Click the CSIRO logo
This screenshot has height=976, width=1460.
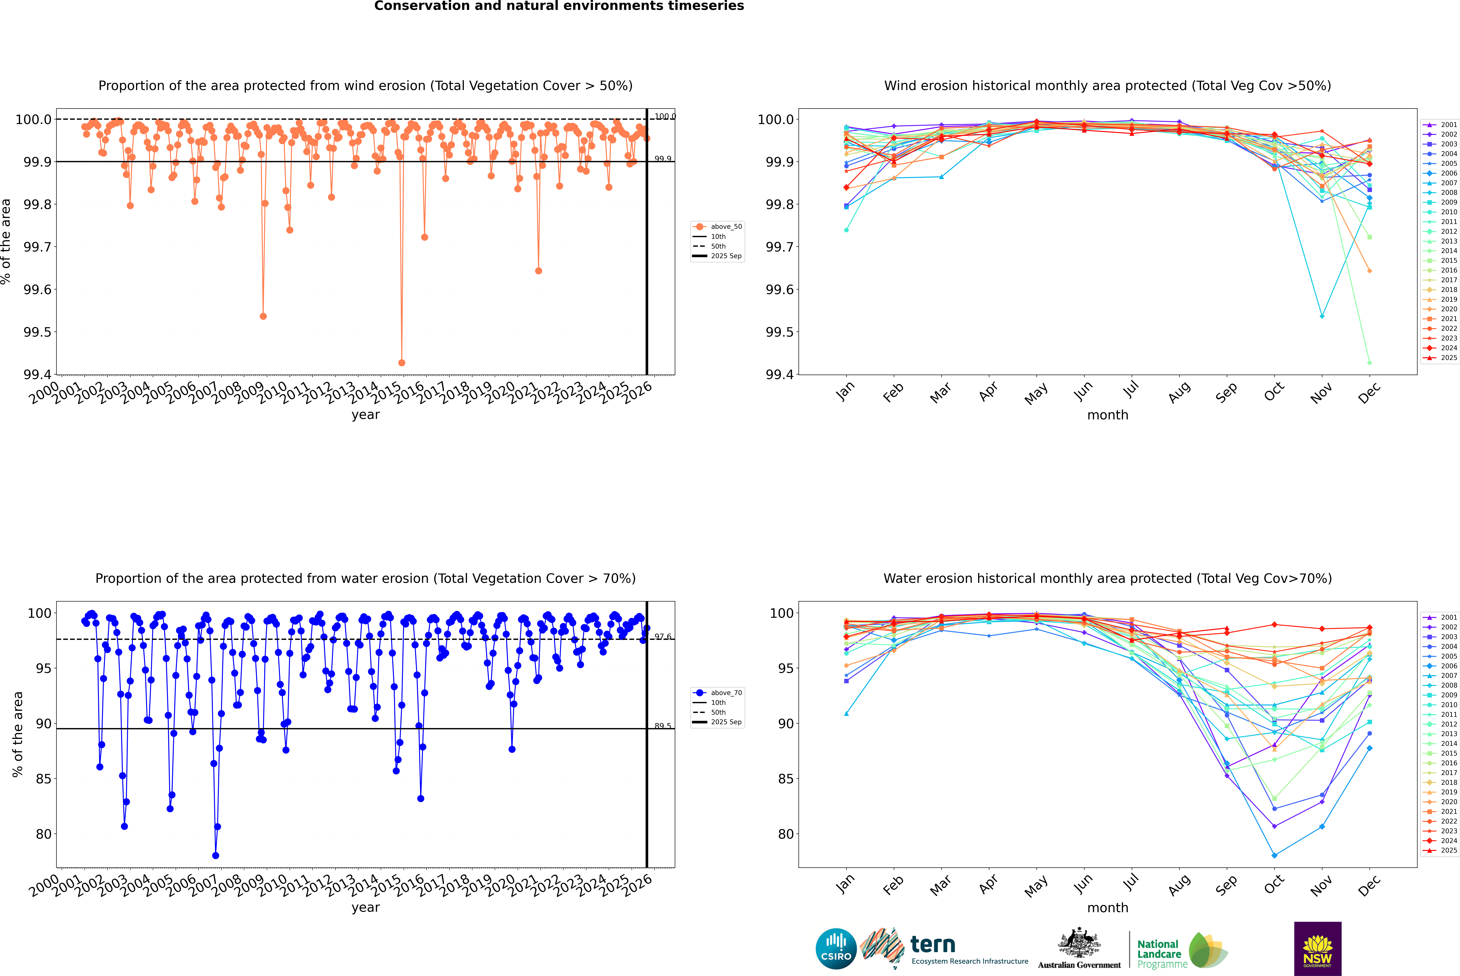click(x=836, y=949)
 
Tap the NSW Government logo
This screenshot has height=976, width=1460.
click(x=1317, y=949)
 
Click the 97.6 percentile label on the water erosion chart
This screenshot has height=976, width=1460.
click(x=663, y=637)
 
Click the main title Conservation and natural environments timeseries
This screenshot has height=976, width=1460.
click(x=559, y=6)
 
